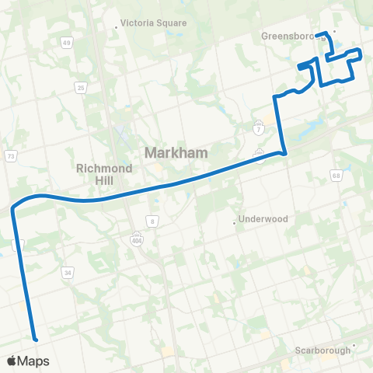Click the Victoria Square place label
click(x=154, y=23)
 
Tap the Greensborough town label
click(x=292, y=36)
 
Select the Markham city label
click(x=176, y=153)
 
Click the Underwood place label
click(x=264, y=219)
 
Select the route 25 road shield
click(x=80, y=87)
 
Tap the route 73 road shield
click(x=11, y=156)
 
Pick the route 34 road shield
click(x=68, y=273)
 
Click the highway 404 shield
click(x=137, y=236)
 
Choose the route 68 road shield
click(x=336, y=175)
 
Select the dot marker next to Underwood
click(x=235, y=223)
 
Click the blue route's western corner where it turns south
click(x=14, y=207)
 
